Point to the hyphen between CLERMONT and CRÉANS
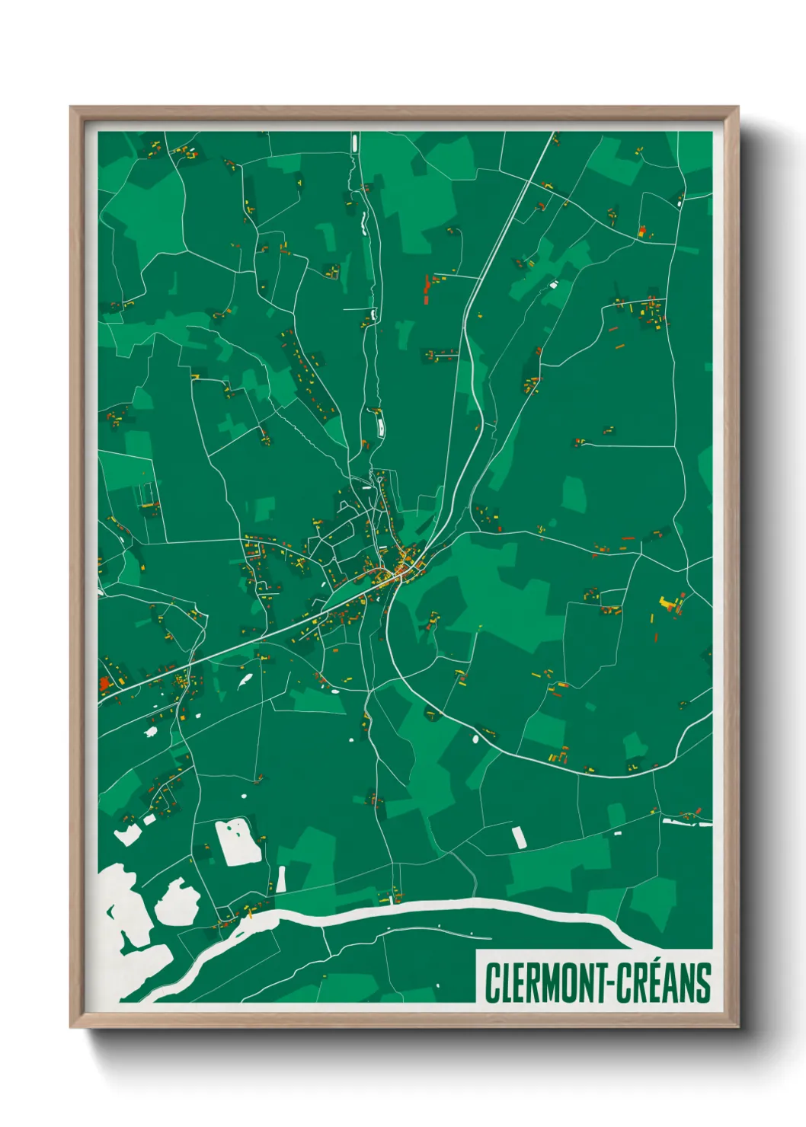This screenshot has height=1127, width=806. pos(609,984)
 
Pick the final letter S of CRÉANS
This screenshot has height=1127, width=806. pos(703,983)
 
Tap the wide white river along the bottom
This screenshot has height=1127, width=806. pos(457,906)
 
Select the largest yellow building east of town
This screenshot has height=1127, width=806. pos(668,603)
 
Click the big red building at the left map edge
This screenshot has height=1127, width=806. pos(104,684)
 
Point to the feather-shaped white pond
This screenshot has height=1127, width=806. pos(245,680)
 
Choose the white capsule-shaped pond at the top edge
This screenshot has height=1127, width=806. pos(354,142)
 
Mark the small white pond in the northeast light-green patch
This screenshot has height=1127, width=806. pos(553,285)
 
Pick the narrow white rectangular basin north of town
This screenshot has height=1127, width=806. pos(378,420)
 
